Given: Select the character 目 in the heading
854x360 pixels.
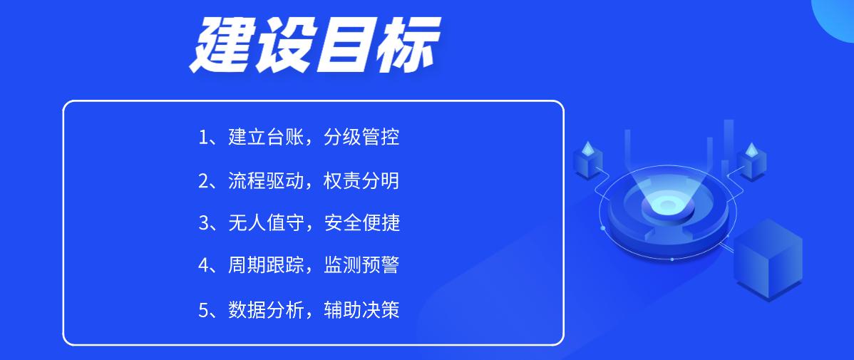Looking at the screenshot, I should coord(344,44).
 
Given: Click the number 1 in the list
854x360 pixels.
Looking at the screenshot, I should coord(203,138).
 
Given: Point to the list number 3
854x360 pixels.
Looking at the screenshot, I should coord(204,223).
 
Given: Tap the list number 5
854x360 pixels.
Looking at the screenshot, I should coord(204,310).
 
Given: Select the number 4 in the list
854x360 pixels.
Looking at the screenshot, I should coord(204,266).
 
